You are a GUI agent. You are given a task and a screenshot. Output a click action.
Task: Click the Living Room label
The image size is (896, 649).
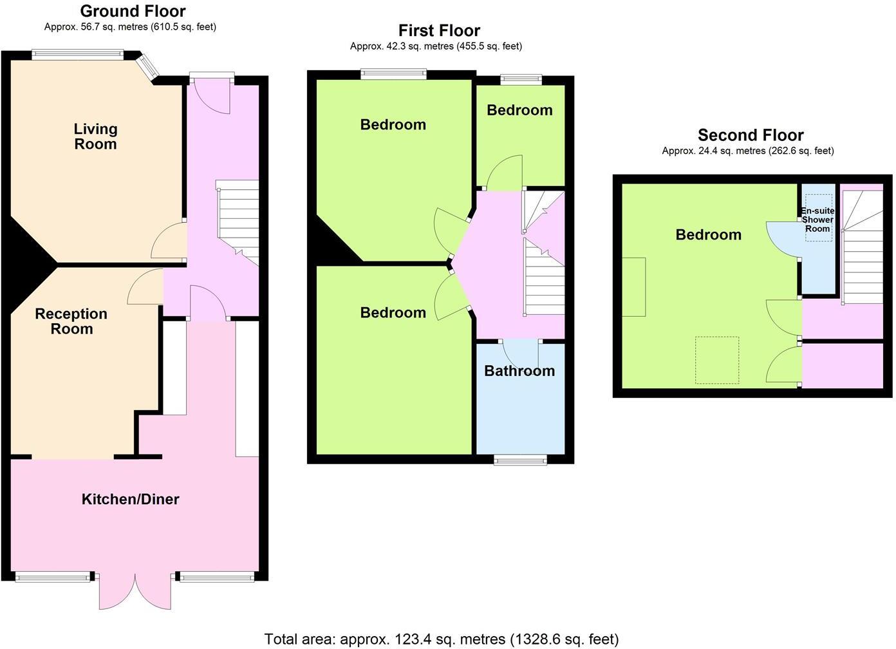click(x=95, y=136)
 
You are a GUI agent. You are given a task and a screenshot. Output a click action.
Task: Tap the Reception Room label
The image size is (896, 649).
click(x=71, y=321)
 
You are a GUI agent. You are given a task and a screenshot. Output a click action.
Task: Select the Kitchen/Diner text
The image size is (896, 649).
click(x=130, y=499)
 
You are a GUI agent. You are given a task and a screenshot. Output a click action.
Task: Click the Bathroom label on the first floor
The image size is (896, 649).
click(x=519, y=371)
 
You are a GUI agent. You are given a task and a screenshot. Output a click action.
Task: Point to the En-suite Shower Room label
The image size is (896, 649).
click(x=817, y=220)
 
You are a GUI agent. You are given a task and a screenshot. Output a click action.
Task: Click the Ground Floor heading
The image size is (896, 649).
click(x=133, y=11)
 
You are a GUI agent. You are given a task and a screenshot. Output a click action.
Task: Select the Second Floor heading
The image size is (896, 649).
click(x=751, y=135)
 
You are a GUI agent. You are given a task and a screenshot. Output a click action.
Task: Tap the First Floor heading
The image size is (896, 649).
click(x=439, y=30)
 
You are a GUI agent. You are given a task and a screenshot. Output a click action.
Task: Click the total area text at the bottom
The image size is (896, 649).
click(x=442, y=639)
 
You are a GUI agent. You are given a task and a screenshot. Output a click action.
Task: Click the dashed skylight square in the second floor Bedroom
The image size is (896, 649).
click(x=716, y=360)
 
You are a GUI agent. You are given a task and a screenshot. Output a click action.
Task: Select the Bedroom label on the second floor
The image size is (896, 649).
click(x=708, y=235)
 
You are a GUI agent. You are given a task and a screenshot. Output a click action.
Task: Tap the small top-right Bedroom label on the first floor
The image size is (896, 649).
click(x=519, y=110)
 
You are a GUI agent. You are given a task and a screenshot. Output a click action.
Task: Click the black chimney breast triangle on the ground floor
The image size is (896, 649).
click(x=29, y=264)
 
